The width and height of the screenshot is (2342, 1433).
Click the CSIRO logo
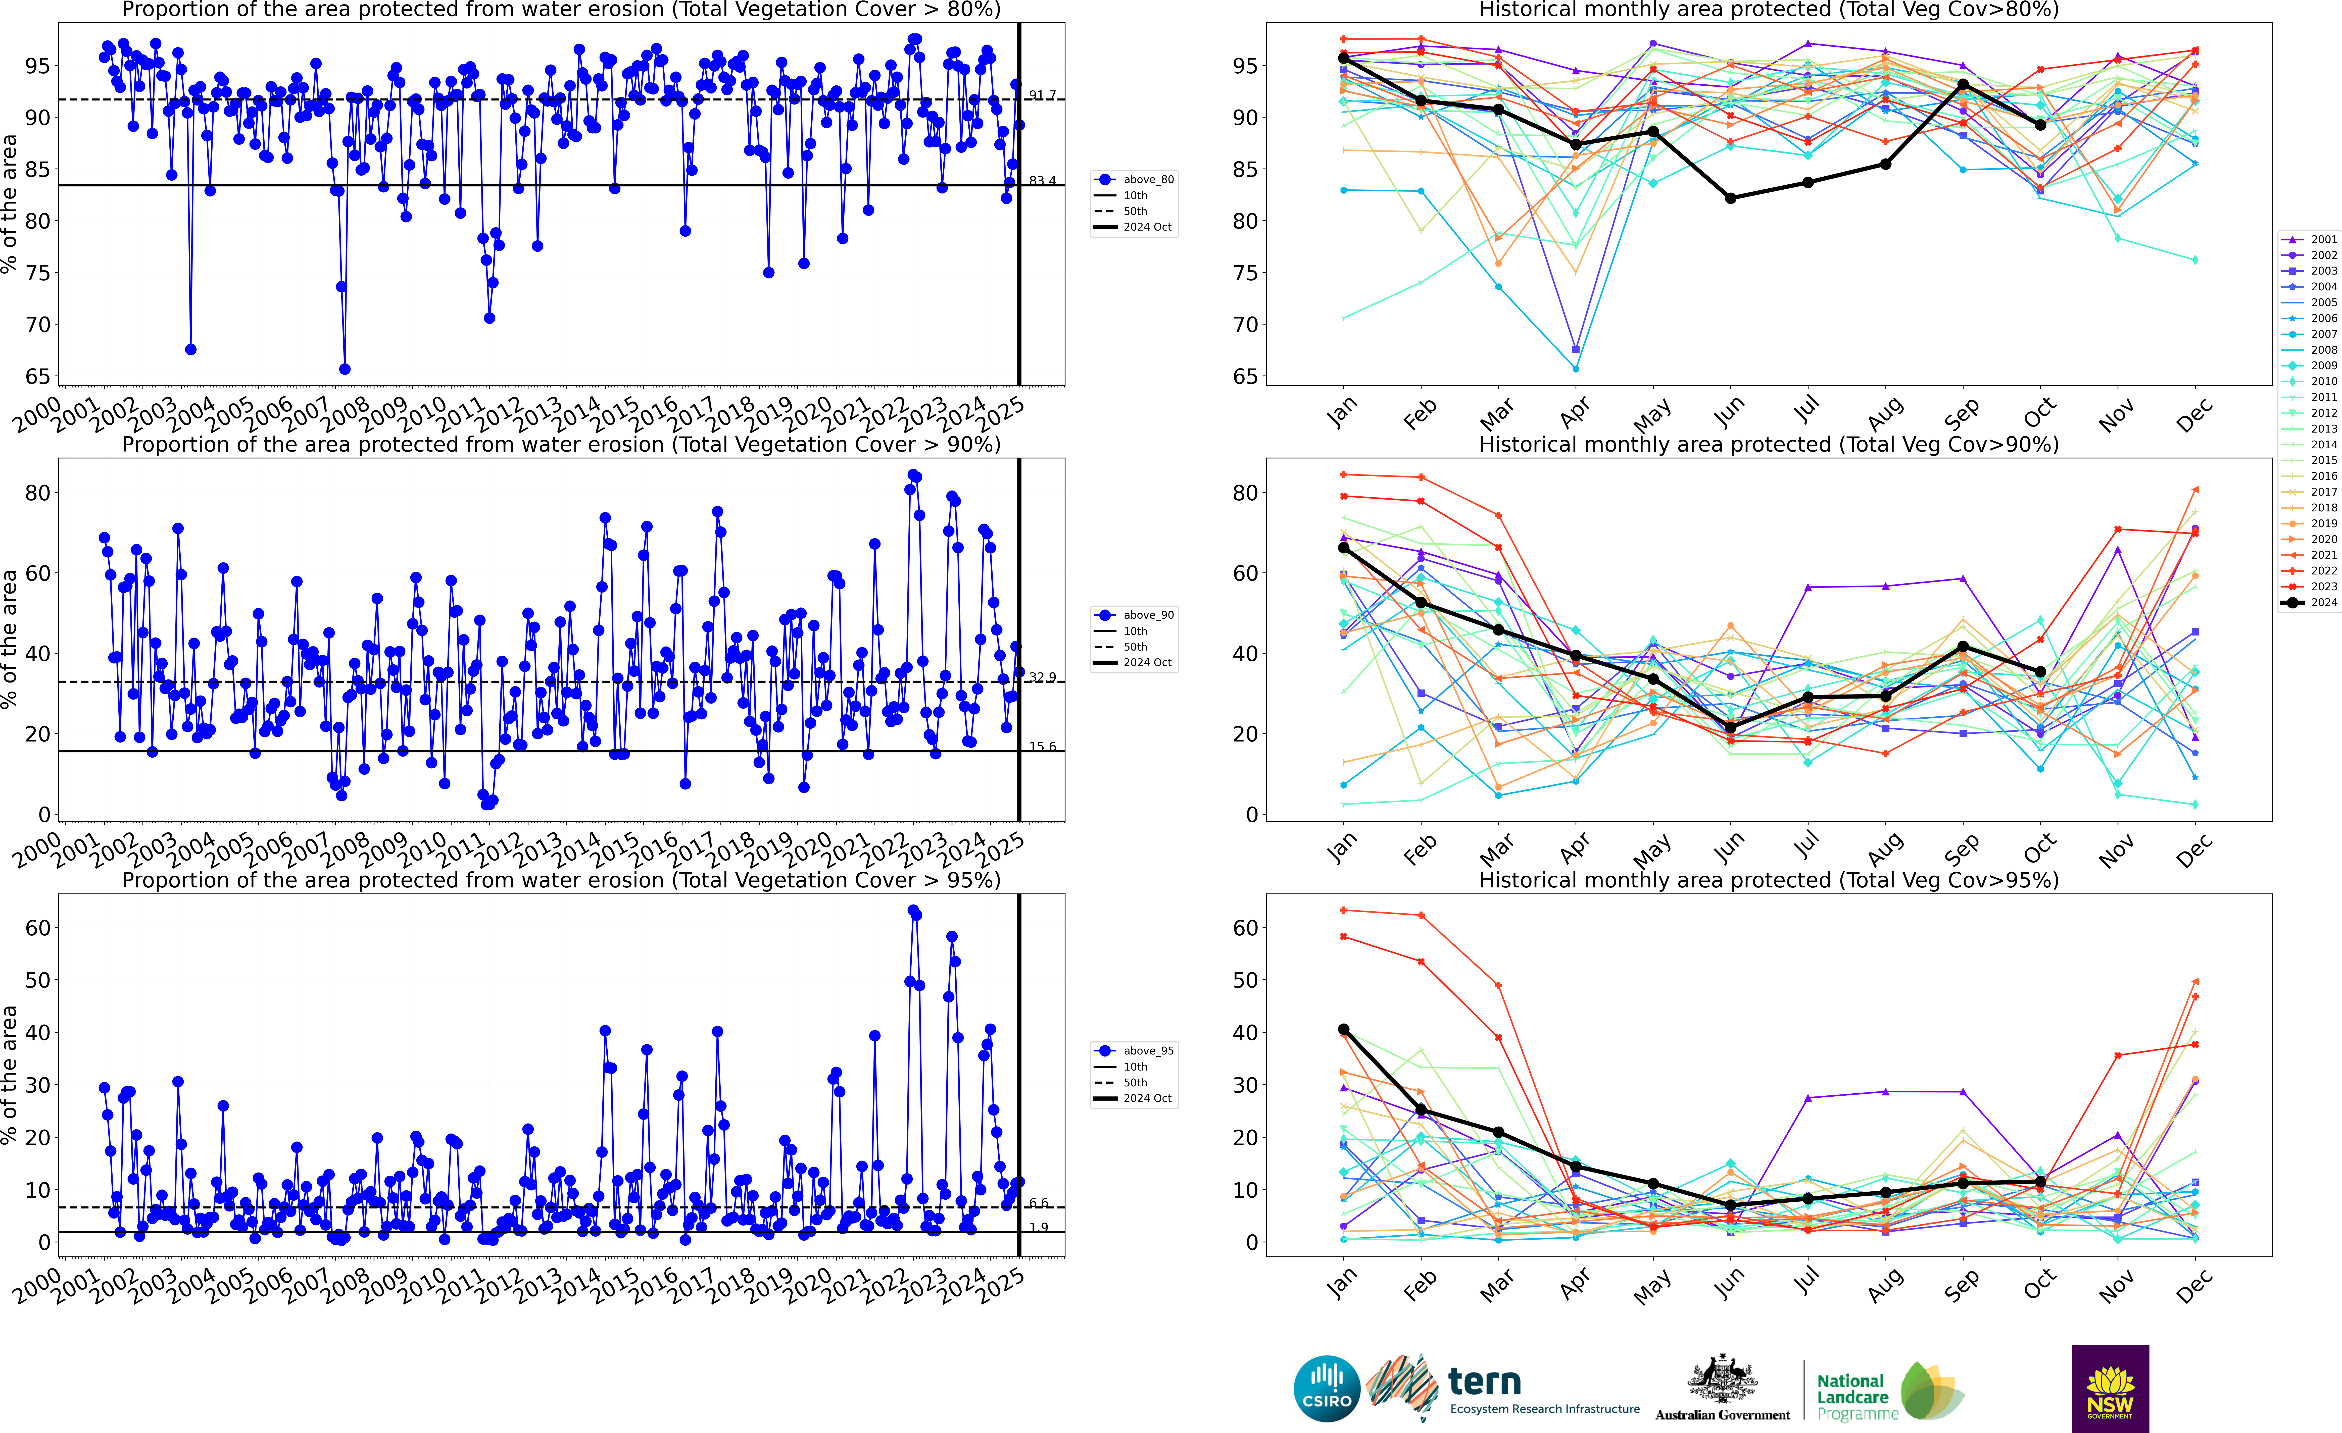[x=1327, y=1388]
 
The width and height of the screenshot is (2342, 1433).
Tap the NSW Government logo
[x=2110, y=1388]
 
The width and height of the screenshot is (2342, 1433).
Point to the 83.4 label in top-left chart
[x=1042, y=181]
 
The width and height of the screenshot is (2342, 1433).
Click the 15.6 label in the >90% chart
[x=1042, y=747]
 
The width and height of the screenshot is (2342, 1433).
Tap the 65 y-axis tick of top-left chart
[x=38, y=376]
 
